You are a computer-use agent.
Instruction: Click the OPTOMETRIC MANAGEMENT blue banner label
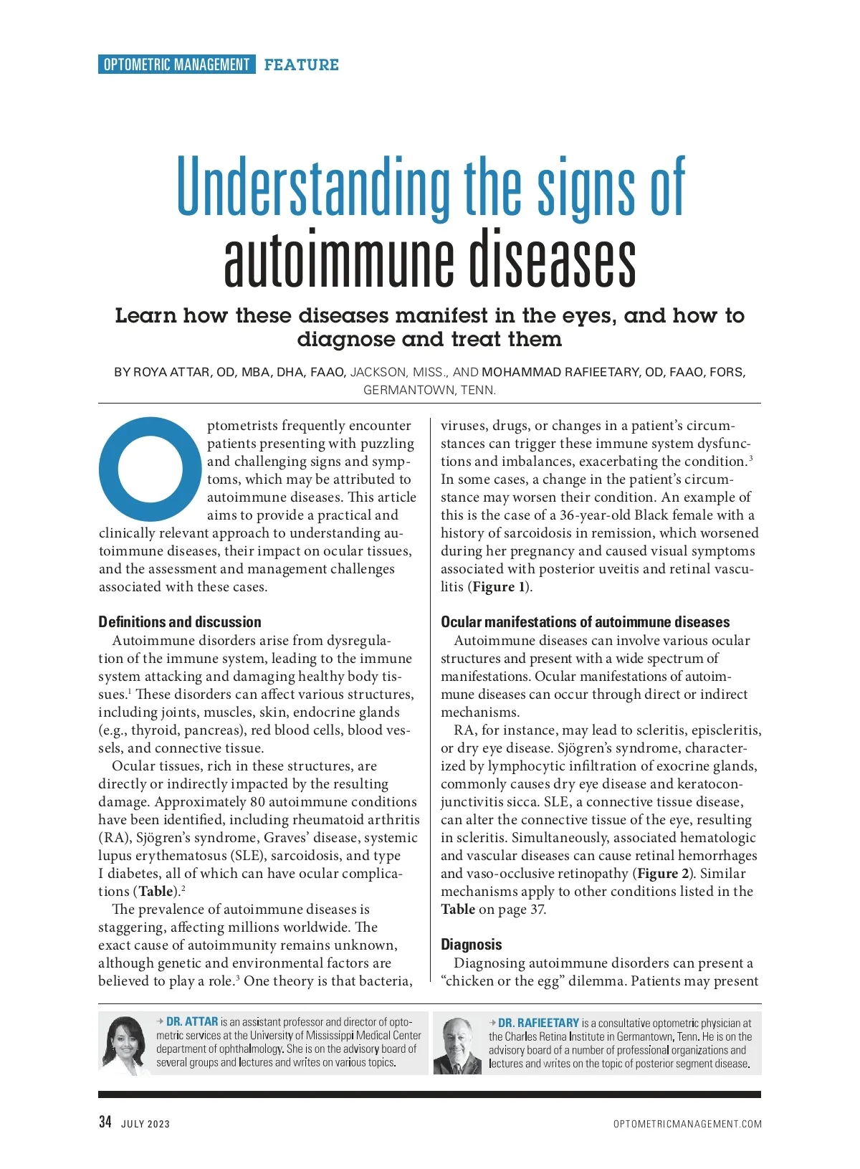click(176, 65)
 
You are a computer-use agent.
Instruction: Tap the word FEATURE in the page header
click(301, 65)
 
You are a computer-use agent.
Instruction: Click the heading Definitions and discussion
click(180, 622)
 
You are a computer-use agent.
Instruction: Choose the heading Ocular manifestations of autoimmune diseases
click(585, 622)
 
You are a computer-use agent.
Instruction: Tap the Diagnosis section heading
click(471, 945)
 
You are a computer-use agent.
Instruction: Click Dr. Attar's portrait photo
click(126, 1043)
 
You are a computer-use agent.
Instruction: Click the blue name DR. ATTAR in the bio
click(191, 1021)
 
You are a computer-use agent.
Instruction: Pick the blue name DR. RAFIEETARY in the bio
click(538, 1023)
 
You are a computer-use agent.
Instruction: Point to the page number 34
click(105, 1122)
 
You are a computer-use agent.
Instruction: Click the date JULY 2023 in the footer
click(145, 1124)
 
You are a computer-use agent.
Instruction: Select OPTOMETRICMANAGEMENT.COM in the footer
click(687, 1124)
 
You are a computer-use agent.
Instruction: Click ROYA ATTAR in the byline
click(172, 372)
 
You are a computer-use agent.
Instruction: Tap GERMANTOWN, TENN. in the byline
click(429, 390)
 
